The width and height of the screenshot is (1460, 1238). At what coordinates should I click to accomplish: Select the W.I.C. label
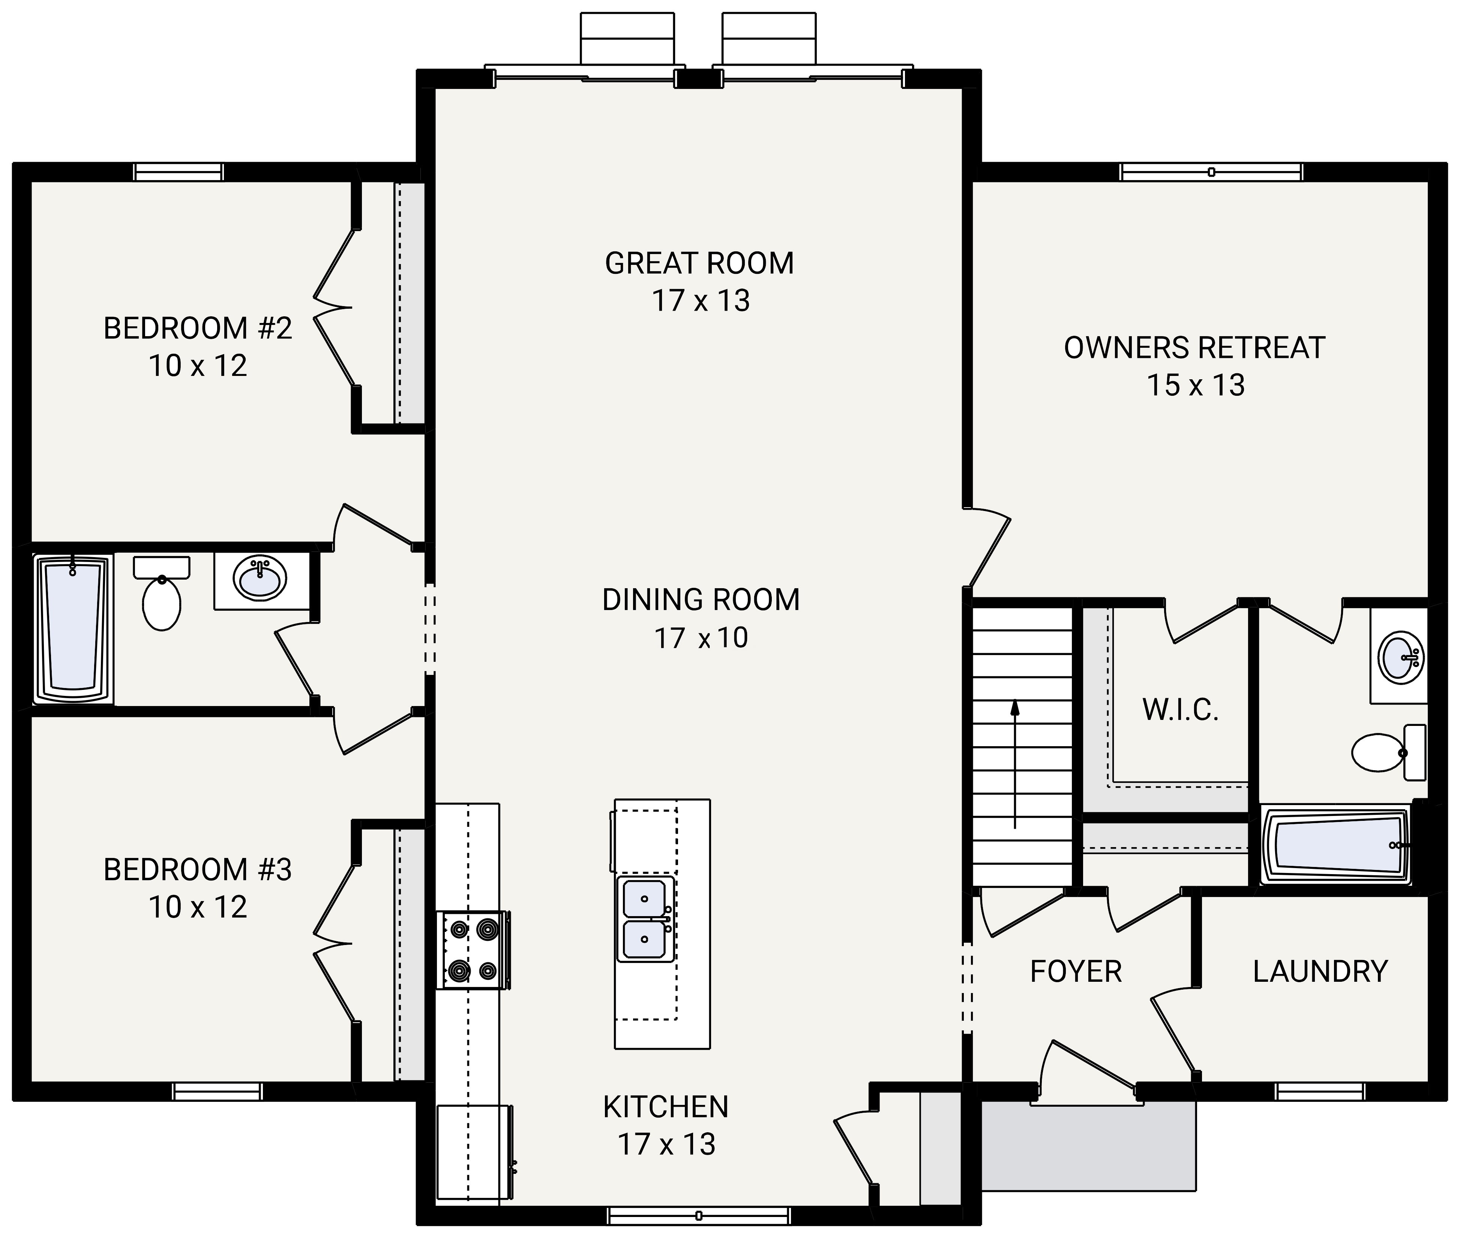1180,710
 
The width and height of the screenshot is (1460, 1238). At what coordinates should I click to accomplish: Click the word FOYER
1076,972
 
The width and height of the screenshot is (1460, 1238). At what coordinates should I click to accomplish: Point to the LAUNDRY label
1320,972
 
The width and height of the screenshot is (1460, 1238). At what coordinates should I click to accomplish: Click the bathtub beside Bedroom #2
73,630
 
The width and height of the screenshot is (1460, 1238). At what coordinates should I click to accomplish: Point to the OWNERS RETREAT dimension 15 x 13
1196,385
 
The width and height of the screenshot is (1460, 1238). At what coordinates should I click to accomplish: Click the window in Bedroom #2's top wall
178,172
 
